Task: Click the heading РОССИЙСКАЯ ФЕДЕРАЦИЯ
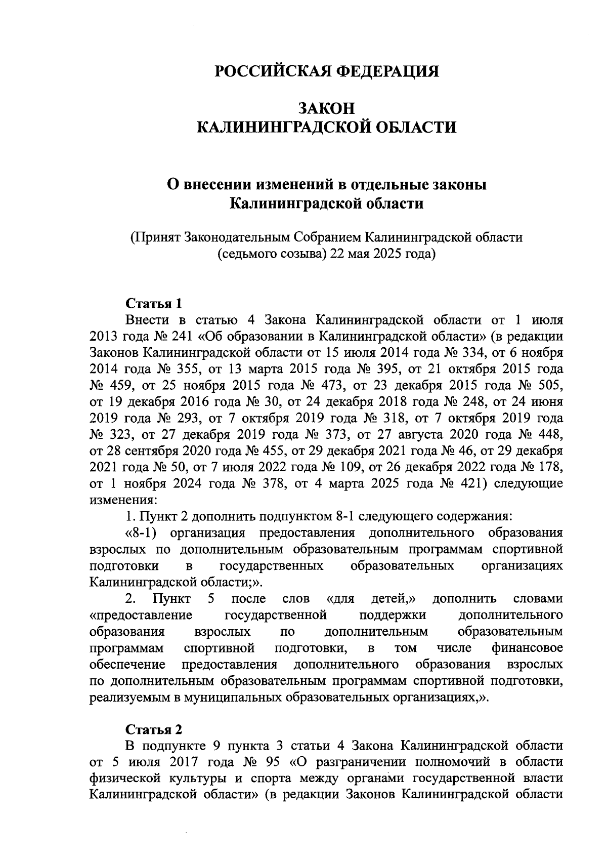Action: pos(327,71)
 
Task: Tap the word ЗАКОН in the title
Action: pos(327,108)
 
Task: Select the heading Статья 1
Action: pos(153,304)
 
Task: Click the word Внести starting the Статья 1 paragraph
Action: pos(147,320)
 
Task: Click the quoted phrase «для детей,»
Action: pos(371,599)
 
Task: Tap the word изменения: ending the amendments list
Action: pos(123,500)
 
